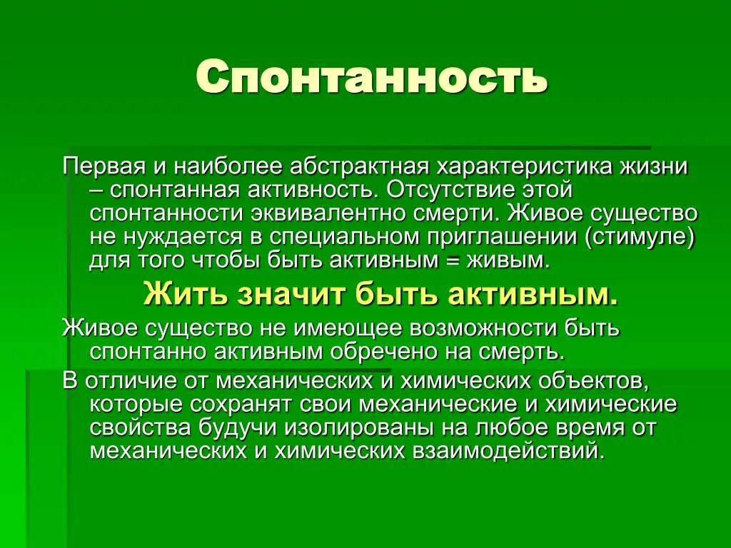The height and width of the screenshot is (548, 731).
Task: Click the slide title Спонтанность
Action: pyautogui.click(x=371, y=77)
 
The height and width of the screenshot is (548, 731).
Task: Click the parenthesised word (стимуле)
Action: pyautogui.click(x=640, y=236)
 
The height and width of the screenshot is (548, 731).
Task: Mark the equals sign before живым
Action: pyautogui.click(x=451, y=259)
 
